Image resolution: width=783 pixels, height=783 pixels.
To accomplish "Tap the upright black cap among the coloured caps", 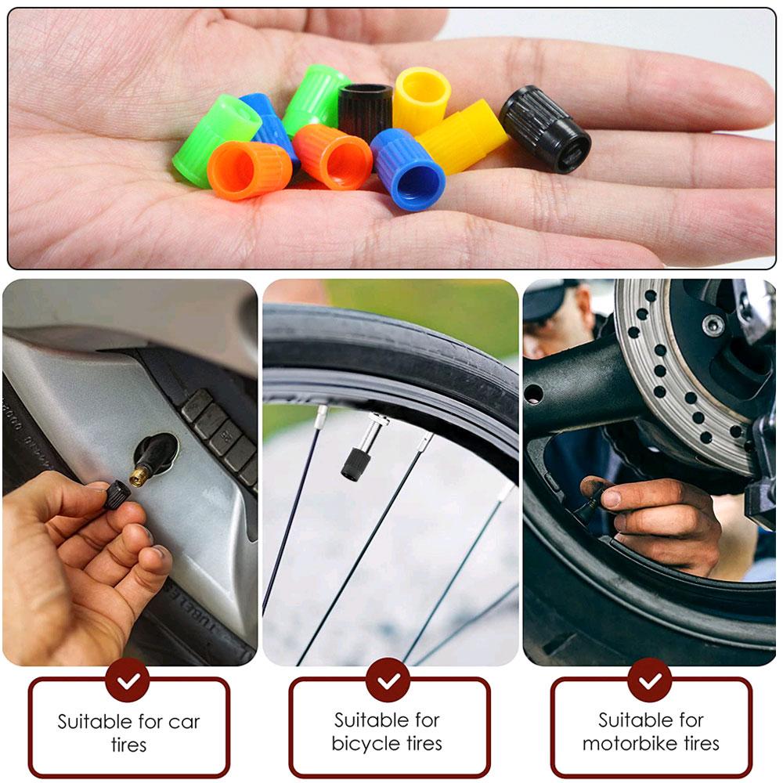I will click(x=365, y=110).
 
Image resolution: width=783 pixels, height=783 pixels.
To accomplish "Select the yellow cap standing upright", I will click(x=421, y=99).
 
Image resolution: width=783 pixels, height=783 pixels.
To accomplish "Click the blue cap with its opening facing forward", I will click(x=408, y=168).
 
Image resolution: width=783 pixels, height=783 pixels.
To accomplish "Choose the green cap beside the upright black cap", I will click(x=316, y=99).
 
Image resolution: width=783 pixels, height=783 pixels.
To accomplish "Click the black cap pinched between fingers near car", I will click(x=117, y=494).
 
